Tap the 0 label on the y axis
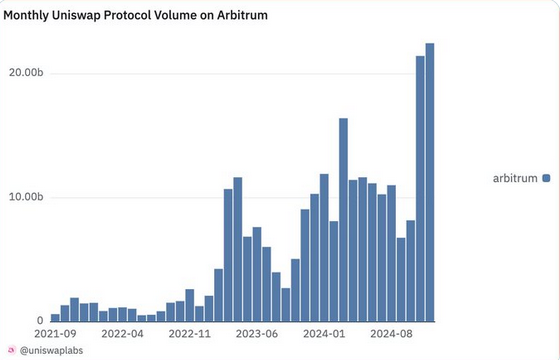pos(40,320)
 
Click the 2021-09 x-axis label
pos(55,333)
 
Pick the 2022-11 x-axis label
pos(189,333)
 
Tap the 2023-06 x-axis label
pos(257,333)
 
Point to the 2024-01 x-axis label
pos(324,333)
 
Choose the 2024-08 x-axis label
pos(391,333)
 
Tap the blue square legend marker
pos(546,178)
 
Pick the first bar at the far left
pos(55,317)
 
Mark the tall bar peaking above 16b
pos(343,219)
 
